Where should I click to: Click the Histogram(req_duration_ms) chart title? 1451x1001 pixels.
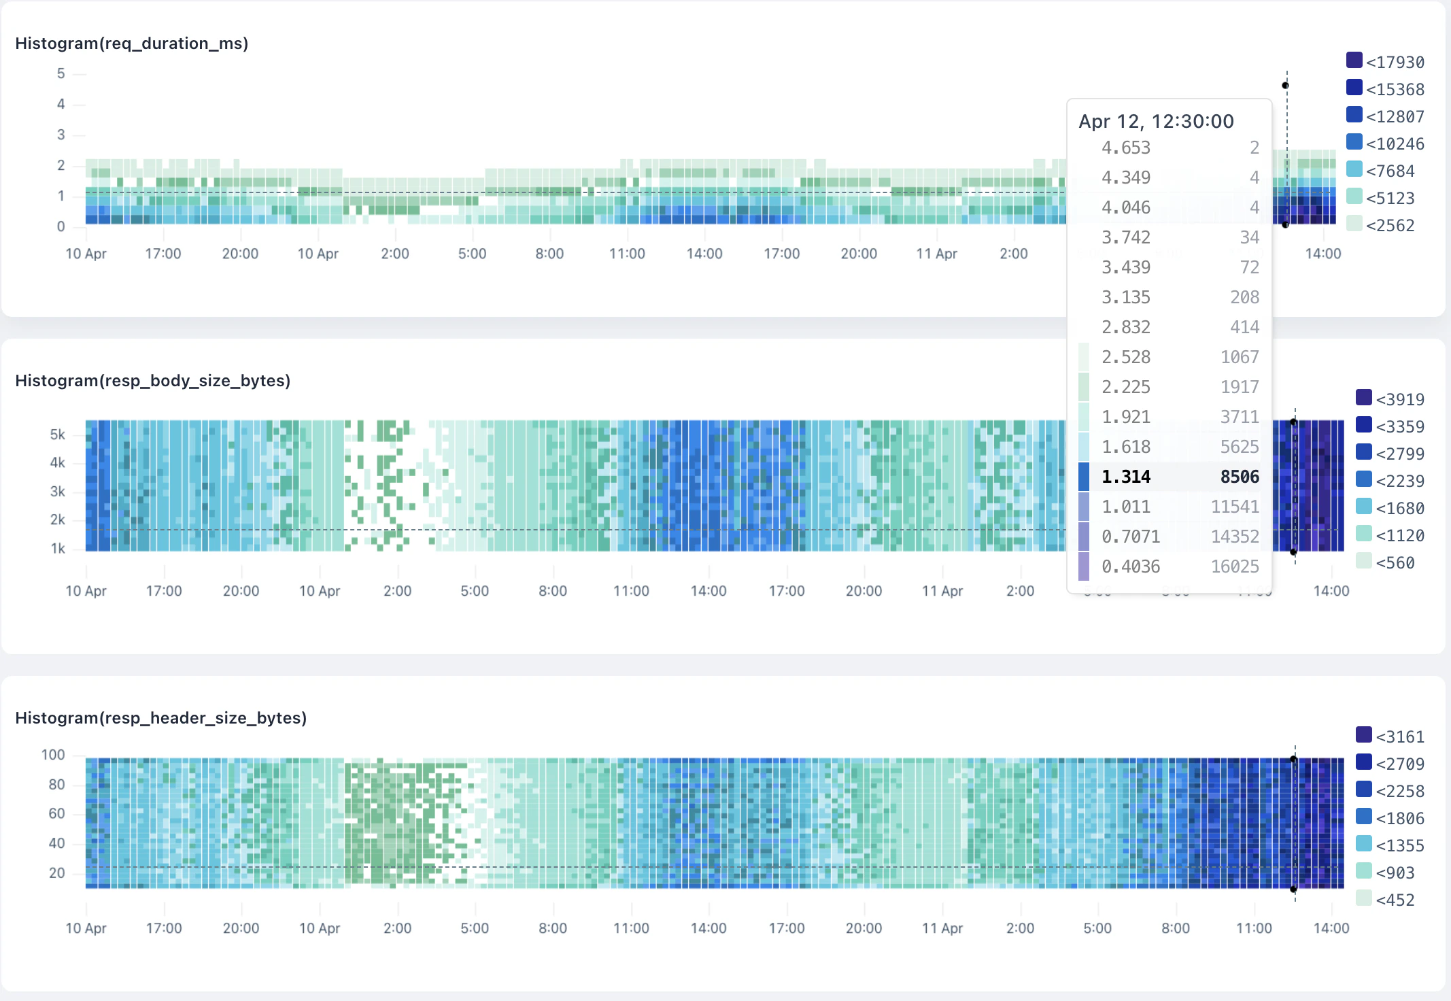point(131,44)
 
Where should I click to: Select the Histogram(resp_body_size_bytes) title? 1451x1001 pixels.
point(152,381)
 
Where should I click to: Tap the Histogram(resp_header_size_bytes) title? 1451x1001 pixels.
point(160,718)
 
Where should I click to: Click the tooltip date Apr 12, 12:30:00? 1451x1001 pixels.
point(1156,122)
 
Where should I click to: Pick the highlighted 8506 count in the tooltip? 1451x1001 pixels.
point(1239,477)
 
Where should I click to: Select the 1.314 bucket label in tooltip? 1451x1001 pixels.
point(1126,477)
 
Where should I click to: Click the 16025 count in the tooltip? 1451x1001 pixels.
point(1235,566)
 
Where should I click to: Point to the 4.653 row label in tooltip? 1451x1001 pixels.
point(1126,148)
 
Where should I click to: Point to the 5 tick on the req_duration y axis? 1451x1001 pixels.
point(61,73)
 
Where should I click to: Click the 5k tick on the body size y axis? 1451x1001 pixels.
point(58,435)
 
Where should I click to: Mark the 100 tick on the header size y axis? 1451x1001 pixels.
point(53,755)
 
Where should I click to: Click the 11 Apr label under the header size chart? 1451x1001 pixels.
point(942,928)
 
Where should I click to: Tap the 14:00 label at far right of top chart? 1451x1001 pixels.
point(1322,254)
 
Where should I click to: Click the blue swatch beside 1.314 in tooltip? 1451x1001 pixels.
point(1084,477)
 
